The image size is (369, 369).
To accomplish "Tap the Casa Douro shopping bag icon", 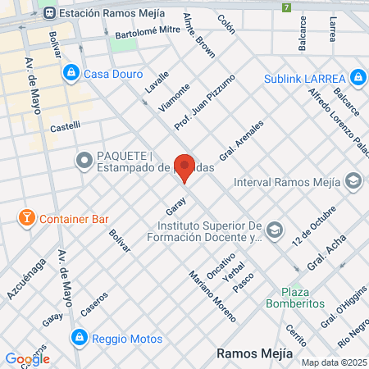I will point(72,73).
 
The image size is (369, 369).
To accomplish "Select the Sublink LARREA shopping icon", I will point(357,78).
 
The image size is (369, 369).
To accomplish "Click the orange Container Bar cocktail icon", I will point(27,219).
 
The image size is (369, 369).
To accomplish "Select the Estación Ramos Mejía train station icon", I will point(51,12).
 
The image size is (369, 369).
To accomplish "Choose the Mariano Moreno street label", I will point(211,296).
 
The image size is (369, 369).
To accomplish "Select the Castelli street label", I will point(66,126).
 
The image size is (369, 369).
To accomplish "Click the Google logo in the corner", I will point(27,358).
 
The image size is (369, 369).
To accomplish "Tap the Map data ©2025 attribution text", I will point(332,362).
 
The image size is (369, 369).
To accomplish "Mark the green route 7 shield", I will point(286,8).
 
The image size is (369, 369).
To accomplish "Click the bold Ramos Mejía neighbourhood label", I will point(253,353).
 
